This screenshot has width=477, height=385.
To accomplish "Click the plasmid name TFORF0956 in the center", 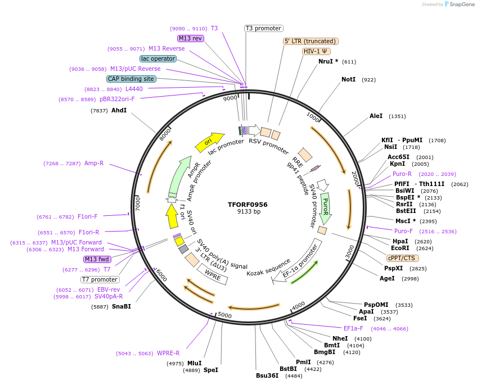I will pyautogui.click(x=248, y=205).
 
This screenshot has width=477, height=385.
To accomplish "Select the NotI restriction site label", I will pyautogui.click(x=349, y=80).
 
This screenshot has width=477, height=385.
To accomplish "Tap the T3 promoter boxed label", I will pyautogui.click(x=263, y=28).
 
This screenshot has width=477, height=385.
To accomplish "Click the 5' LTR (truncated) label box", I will pyautogui.click(x=310, y=41).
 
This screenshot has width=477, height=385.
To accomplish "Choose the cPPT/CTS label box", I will pyautogui.click(x=402, y=258).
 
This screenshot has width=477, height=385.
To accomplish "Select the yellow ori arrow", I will pyautogui.click(x=209, y=143).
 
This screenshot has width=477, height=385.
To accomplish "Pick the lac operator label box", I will pyautogui.click(x=158, y=58).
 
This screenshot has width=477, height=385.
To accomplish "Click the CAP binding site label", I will pyautogui.click(x=131, y=79).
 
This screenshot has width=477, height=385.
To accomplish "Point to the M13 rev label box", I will pyautogui.click(x=190, y=38).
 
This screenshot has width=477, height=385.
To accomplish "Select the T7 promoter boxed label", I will pyautogui.click(x=100, y=279).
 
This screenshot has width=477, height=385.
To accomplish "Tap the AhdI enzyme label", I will pyautogui.click(x=119, y=110).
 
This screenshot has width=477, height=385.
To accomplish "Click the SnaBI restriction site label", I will pyautogui.click(x=121, y=306).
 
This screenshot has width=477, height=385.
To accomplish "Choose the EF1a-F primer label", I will pyautogui.click(x=353, y=328).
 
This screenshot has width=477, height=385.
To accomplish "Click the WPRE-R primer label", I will pyautogui.click(x=168, y=354).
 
